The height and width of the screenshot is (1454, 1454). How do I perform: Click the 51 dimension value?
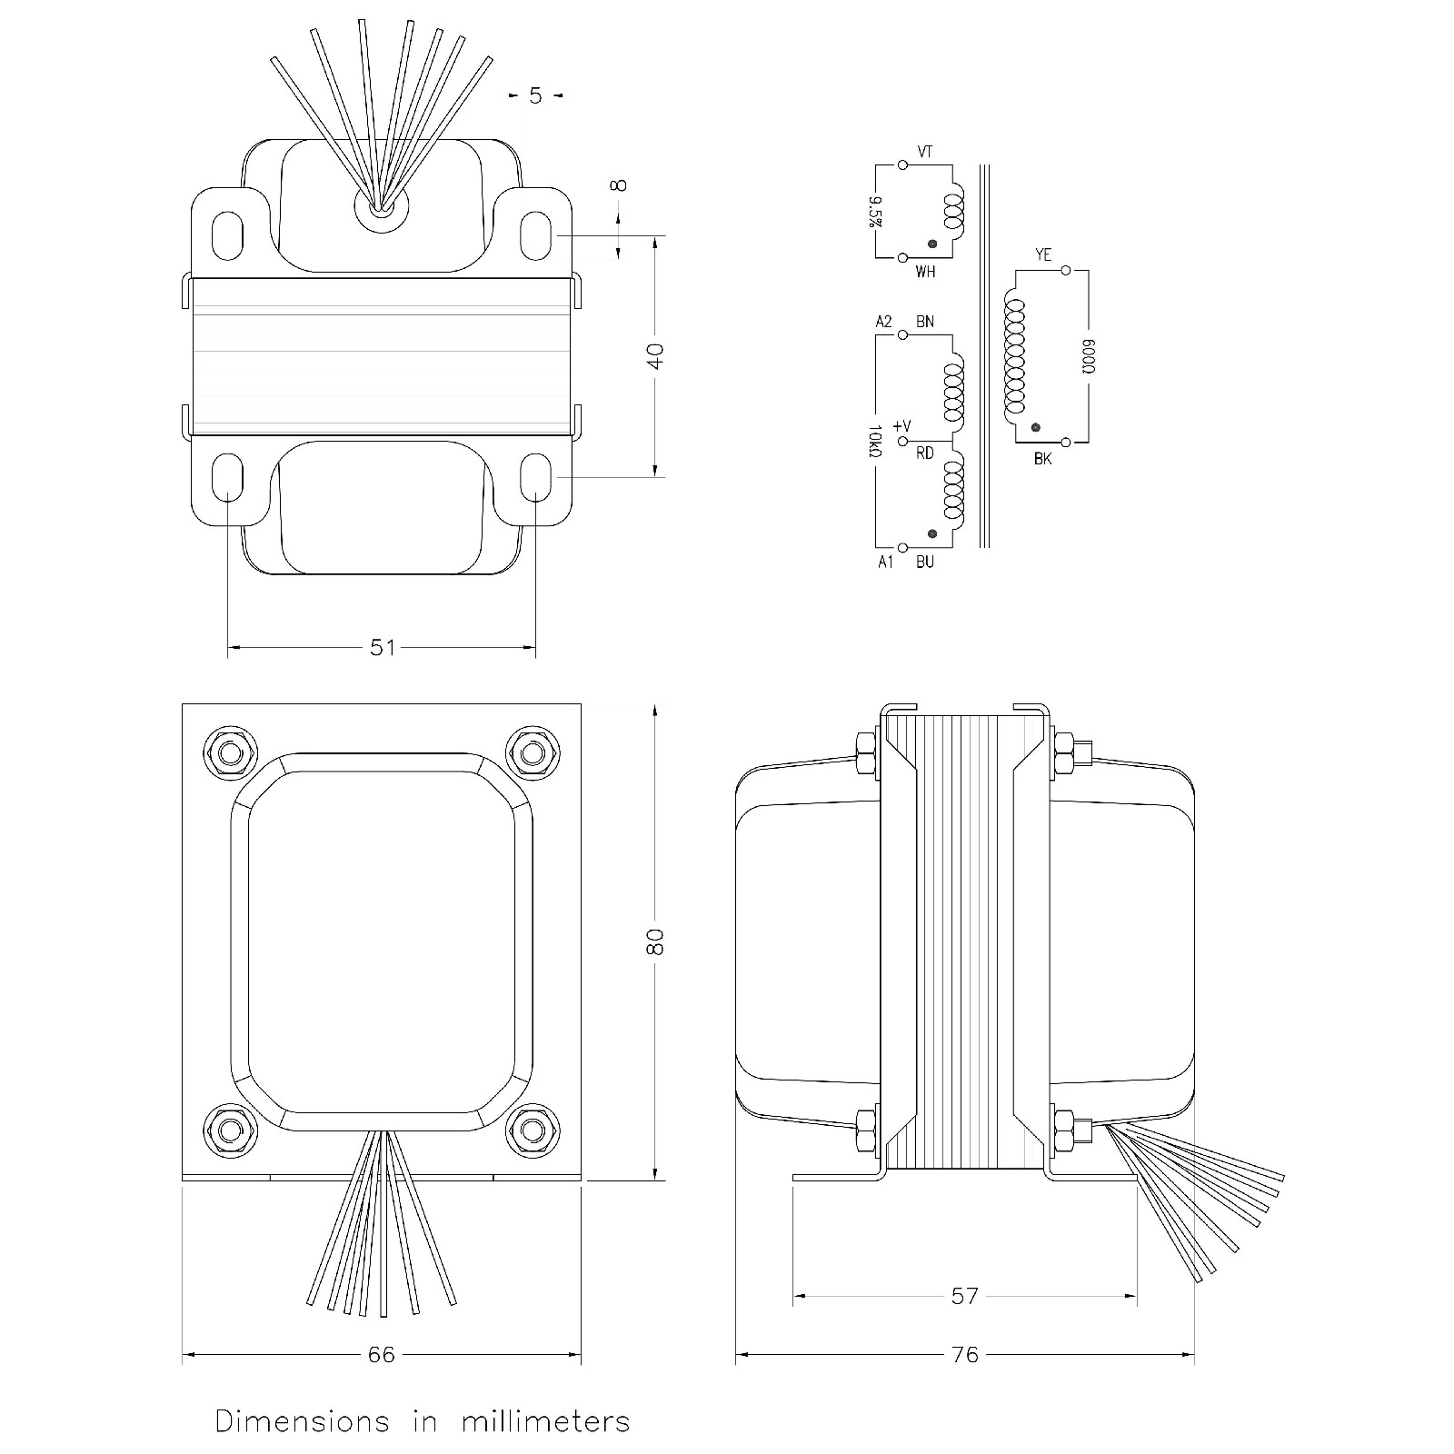[383, 647]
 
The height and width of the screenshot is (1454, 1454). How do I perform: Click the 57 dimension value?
[964, 1296]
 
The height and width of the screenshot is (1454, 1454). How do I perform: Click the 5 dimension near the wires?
[534, 95]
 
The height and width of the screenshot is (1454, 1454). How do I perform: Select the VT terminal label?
[925, 153]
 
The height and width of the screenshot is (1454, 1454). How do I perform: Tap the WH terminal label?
[925, 272]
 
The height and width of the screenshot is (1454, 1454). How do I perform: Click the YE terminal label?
[1043, 255]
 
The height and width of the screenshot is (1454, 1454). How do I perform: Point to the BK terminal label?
[1042, 460]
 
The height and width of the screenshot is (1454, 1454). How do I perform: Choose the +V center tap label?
[901, 426]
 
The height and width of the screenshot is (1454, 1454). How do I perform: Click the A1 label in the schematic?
[885, 563]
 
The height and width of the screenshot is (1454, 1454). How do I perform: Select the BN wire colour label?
[925, 322]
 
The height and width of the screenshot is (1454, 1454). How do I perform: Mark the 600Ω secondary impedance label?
[1088, 357]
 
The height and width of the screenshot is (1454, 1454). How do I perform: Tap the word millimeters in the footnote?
[545, 1421]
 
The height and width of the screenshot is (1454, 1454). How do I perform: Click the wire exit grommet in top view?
[382, 207]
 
